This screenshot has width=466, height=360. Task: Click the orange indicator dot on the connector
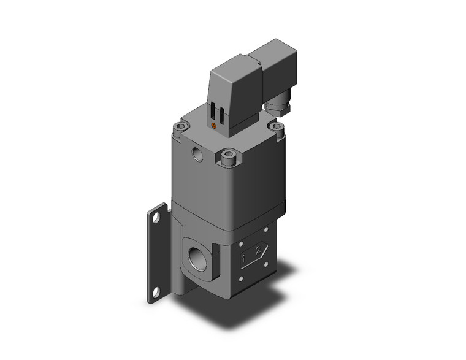tap(213, 126)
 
